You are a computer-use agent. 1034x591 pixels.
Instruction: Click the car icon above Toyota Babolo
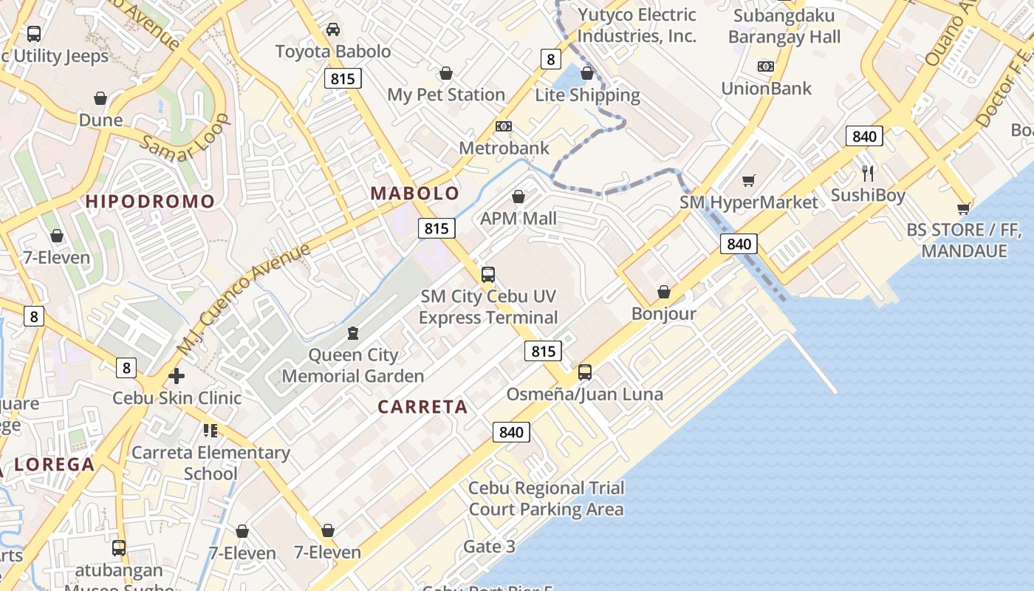click(333, 30)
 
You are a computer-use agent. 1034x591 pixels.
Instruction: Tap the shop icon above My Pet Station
click(446, 73)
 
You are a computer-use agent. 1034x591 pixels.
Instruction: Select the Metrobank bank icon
click(504, 126)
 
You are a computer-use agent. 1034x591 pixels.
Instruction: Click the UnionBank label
click(766, 88)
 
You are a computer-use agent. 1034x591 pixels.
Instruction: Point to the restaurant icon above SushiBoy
click(868, 174)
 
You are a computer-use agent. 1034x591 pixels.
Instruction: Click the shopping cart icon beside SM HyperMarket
click(749, 180)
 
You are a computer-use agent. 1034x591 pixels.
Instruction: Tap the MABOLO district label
click(414, 194)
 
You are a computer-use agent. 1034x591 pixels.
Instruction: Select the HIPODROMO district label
click(151, 201)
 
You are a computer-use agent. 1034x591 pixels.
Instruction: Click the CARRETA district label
click(422, 406)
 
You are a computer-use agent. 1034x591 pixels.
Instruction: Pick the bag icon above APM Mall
click(518, 197)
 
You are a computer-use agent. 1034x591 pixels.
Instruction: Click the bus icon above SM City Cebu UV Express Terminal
click(487, 275)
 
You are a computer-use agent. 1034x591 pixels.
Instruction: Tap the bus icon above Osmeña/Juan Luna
click(584, 372)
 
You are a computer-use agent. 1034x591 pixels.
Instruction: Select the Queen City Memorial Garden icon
click(353, 334)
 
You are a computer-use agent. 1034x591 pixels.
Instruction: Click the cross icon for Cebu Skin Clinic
click(176, 376)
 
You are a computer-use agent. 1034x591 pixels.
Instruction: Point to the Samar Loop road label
click(184, 139)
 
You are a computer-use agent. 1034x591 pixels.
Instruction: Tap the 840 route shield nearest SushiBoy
click(864, 136)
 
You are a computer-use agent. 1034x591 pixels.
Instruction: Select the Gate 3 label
click(489, 547)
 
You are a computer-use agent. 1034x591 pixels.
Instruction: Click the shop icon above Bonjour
click(664, 292)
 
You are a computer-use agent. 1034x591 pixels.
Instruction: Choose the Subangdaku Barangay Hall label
click(784, 26)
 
